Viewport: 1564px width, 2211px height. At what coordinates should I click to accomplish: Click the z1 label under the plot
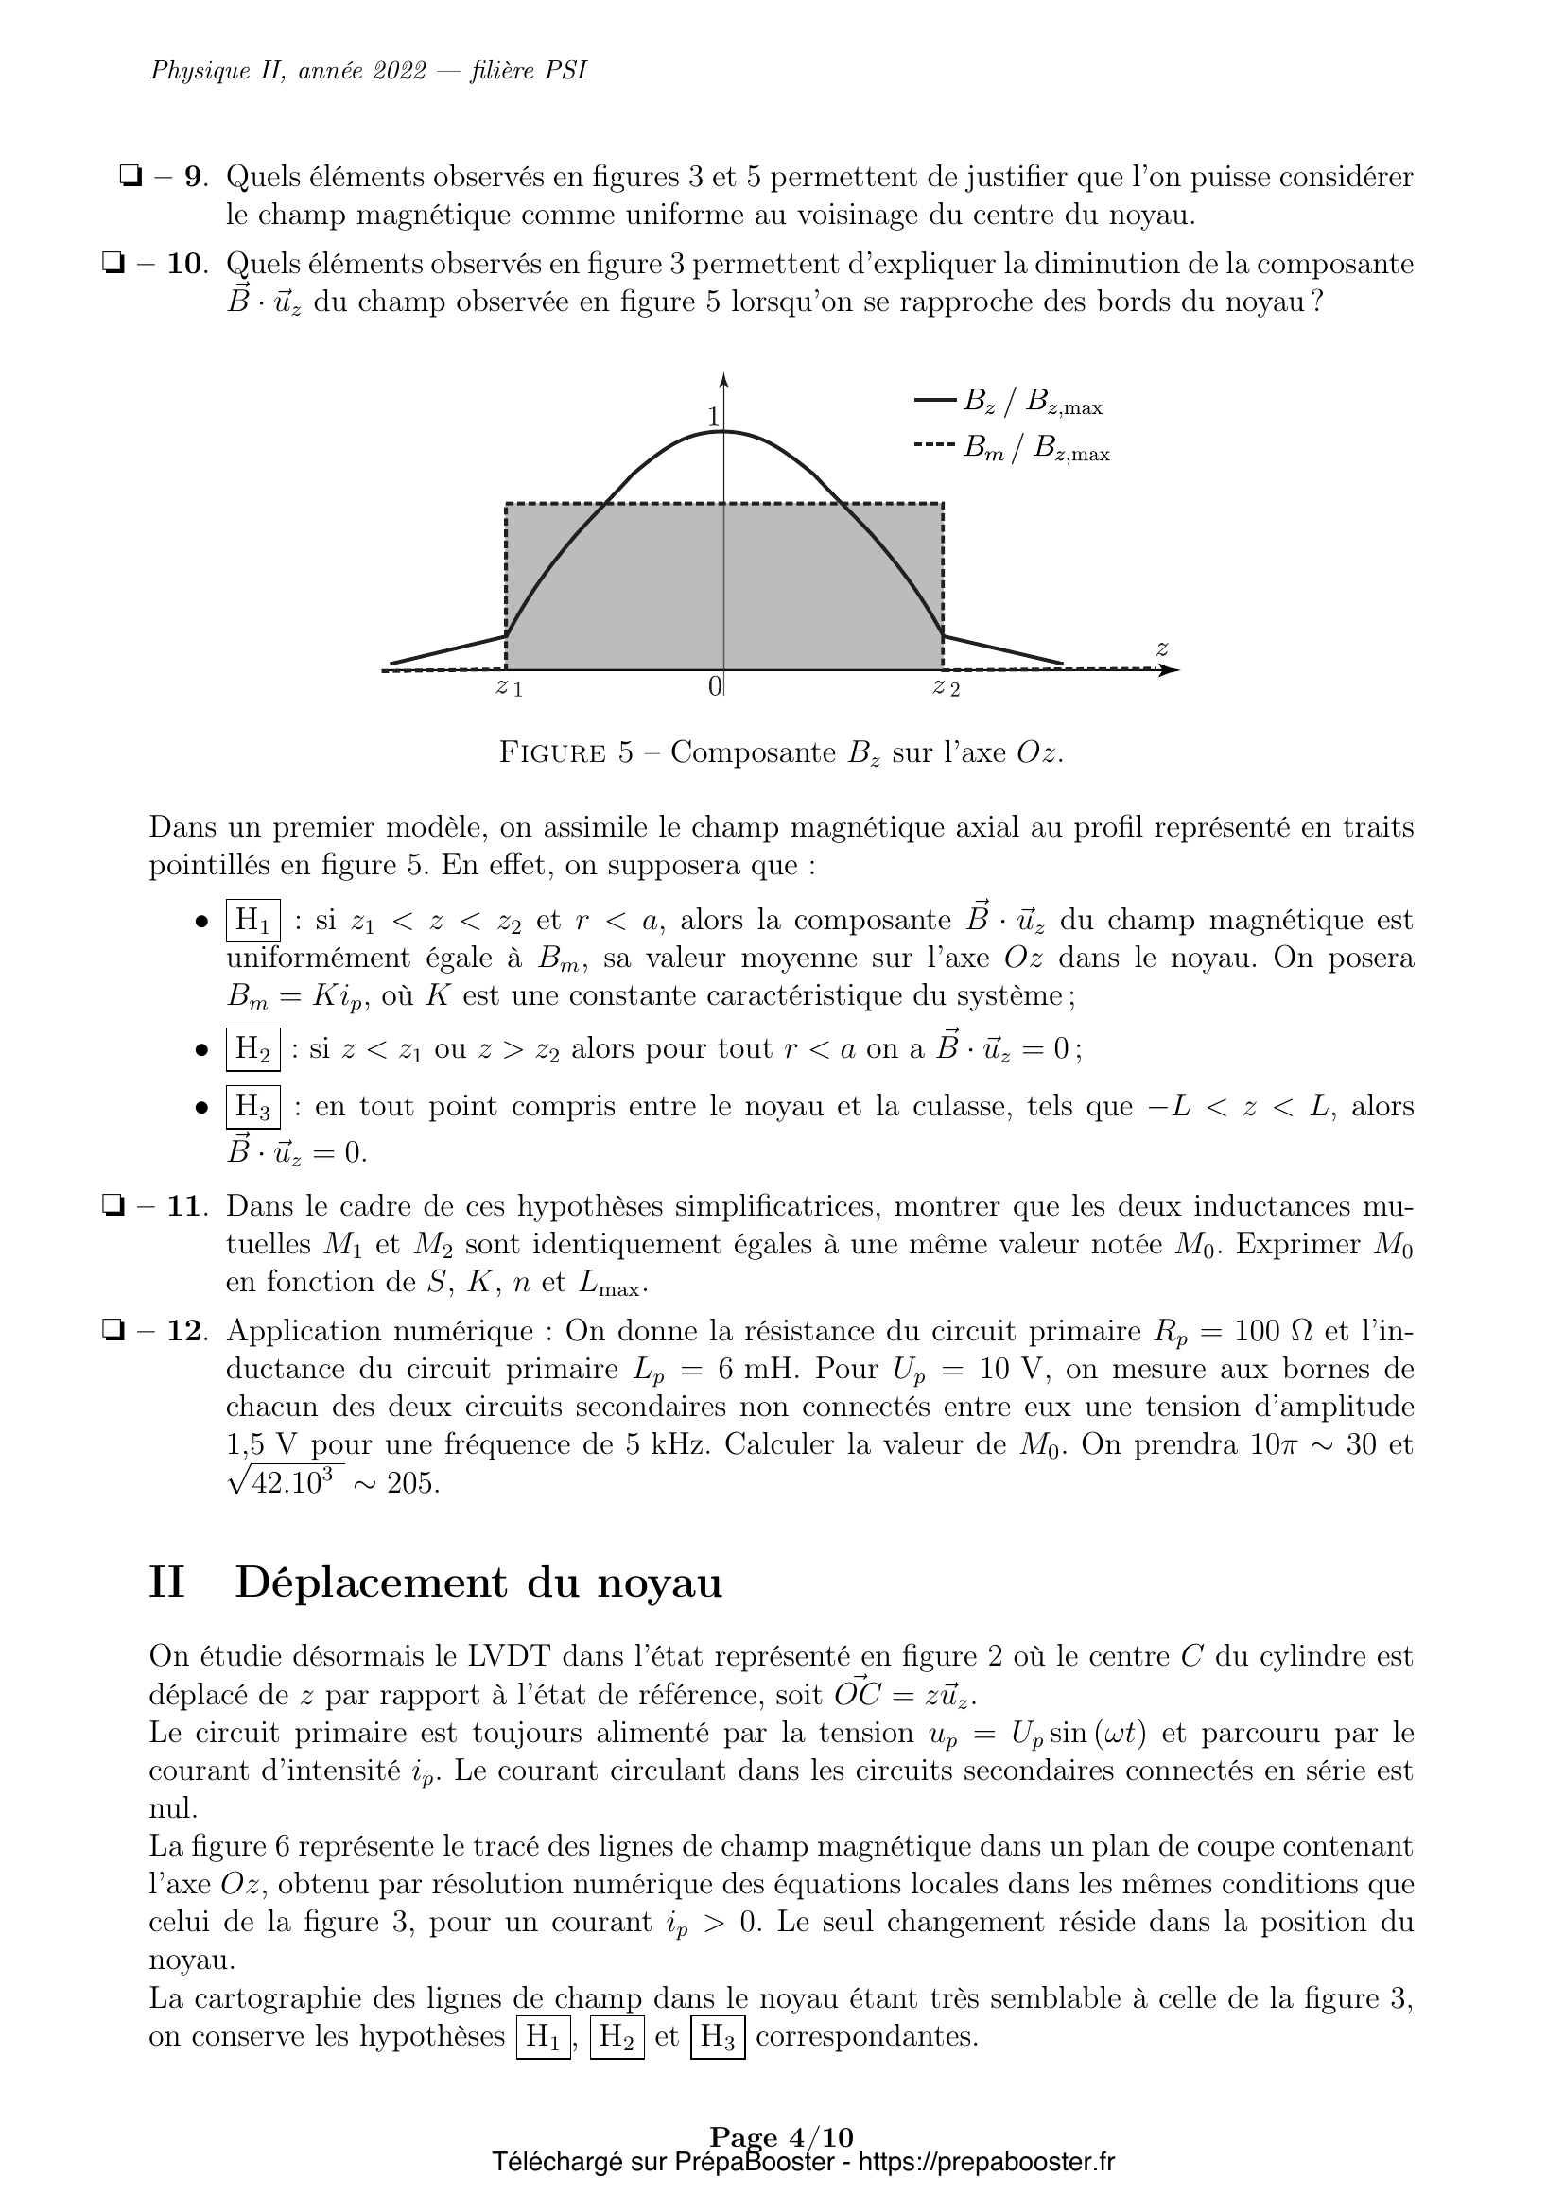pyautogui.click(x=509, y=686)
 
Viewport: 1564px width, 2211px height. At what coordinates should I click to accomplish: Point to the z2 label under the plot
pyautogui.click(x=945, y=686)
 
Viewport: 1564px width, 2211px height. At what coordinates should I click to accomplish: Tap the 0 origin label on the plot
pyautogui.click(x=714, y=685)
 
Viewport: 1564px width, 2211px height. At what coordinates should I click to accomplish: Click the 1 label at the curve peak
pyautogui.click(x=713, y=417)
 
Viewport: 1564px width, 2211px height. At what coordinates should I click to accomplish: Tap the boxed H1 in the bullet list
pyautogui.click(x=253, y=920)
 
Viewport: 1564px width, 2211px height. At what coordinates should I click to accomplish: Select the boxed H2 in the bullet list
pyautogui.click(x=253, y=1048)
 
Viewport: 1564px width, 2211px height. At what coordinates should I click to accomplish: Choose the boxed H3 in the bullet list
pyautogui.click(x=253, y=1107)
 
